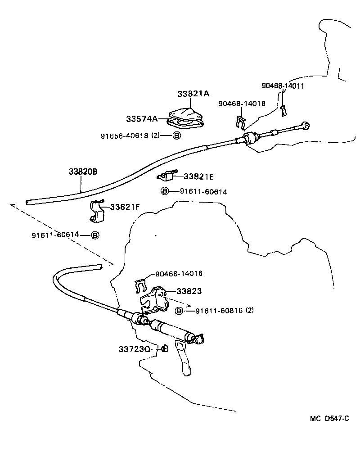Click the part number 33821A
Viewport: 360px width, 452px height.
coord(193,94)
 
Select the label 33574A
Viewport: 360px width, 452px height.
coord(142,119)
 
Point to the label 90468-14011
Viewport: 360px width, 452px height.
coord(283,86)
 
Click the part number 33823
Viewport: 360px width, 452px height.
coord(189,291)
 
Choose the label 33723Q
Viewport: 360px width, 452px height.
coord(134,349)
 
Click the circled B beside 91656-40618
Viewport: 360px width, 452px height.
coord(176,135)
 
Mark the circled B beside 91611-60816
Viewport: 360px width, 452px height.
coord(179,311)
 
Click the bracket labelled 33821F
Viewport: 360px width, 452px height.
coord(97,212)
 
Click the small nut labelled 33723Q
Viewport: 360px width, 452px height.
coord(164,348)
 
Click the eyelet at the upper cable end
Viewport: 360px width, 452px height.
coord(306,125)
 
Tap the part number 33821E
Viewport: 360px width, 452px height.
coord(198,176)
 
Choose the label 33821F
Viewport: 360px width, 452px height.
coord(125,207)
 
